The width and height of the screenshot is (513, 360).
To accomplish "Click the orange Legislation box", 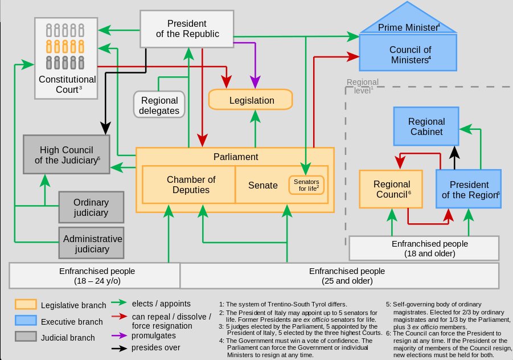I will (251, 100).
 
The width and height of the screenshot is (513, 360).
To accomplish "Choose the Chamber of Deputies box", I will (190, 185).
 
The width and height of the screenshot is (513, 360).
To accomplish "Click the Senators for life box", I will (306, 184).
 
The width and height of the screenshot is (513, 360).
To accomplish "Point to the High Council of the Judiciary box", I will (66, 154).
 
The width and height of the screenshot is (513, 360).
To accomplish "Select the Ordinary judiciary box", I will (91, 207).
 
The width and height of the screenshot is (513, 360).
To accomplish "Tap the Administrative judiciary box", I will (91, 243).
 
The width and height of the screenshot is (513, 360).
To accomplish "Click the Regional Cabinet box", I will (426, 127).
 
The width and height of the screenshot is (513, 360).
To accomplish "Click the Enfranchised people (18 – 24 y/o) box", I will (95, 275).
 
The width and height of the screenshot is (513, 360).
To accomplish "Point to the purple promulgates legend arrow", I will (118, 335).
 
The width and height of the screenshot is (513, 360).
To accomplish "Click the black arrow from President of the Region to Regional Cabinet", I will (454, 156).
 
